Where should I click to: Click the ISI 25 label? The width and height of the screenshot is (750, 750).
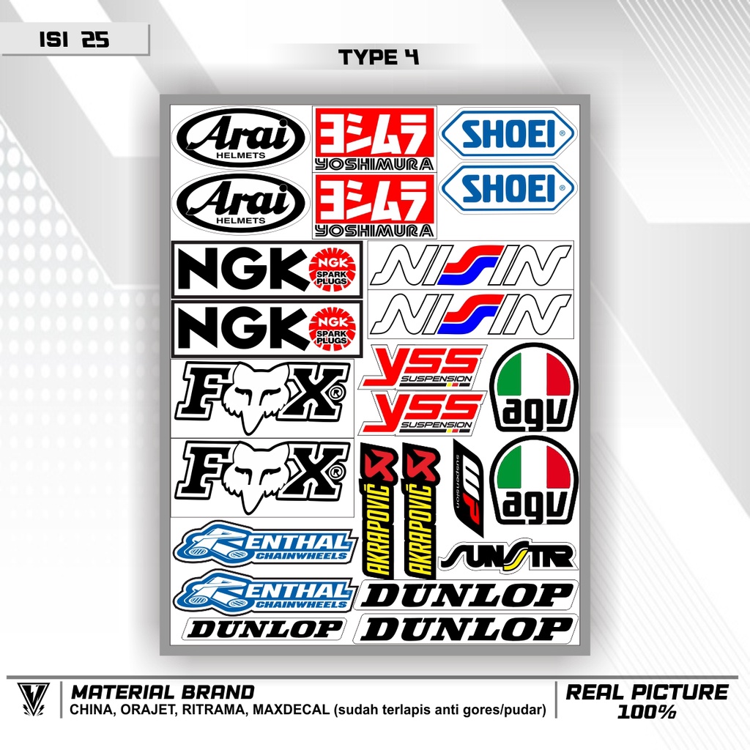(x=74, y=40)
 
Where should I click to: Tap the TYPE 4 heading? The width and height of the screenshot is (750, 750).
(x=379, y=58)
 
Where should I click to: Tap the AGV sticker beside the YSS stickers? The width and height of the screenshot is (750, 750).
(x=533, y=387)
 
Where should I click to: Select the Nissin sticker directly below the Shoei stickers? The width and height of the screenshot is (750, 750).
(x=470, y=265)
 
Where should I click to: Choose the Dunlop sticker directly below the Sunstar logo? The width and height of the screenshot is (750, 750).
(x=467, y=595)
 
